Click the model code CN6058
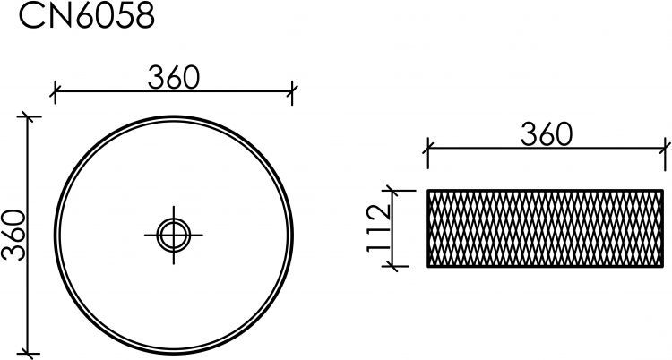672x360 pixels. [87, 16]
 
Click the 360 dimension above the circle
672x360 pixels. [174, 78]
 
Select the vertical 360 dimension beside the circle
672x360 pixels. [13, 235]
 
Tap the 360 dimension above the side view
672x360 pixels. [547, 134]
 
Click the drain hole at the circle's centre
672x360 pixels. [174, 235]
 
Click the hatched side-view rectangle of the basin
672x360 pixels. [546, 228]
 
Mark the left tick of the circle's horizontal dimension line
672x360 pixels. [55, 91]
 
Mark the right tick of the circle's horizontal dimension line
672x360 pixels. [292, 91]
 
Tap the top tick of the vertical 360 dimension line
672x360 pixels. [29, 116]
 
